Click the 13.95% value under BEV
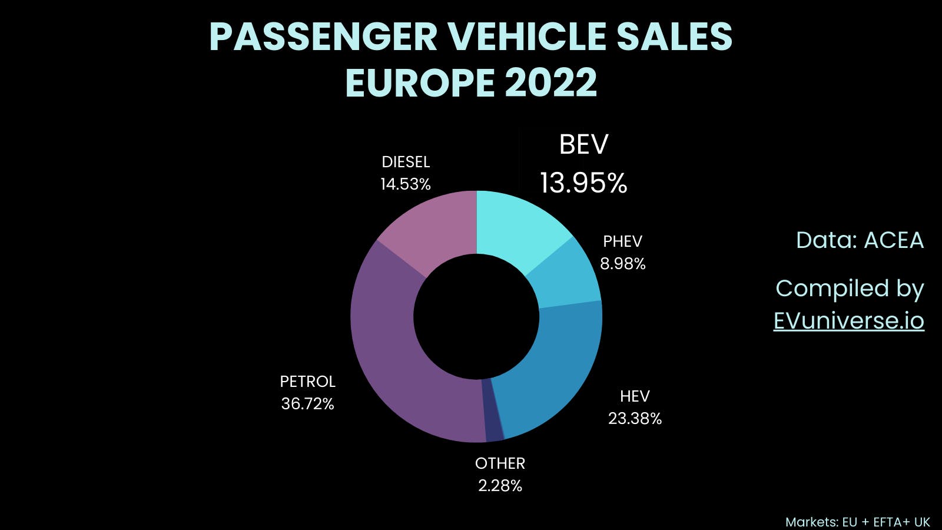[x=583, y=183]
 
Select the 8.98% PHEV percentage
[x=622, y=264]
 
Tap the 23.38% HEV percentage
[x=635, y=419]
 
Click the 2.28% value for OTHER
[x=500, y=486]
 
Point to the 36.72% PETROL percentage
[x=307, y=404]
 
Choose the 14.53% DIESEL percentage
[x=406, y=184]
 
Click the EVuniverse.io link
[x=848, y=321]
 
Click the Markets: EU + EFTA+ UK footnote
[x=857, y=522]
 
